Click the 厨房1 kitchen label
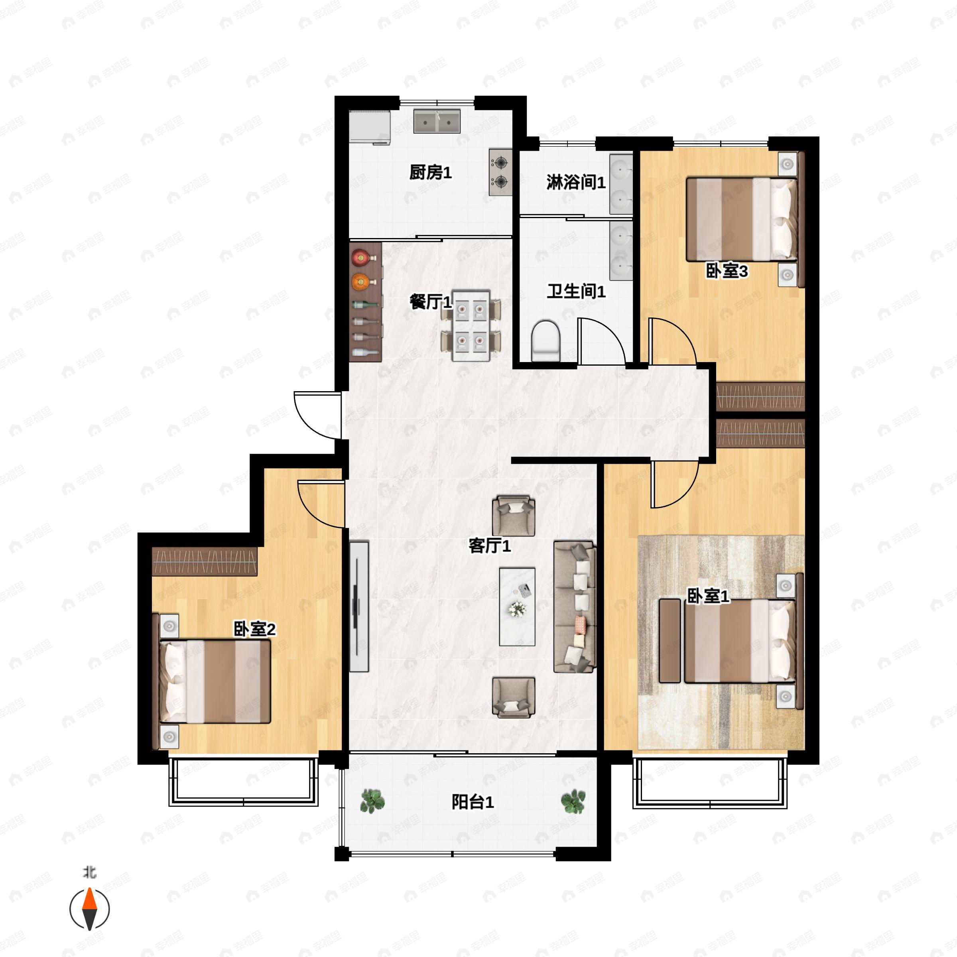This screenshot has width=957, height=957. (x=430, y=173)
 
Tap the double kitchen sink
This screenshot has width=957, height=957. (x=437, y=121)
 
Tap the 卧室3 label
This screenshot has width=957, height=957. (x=727, y=271)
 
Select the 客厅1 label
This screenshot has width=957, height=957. (x=489, y=546)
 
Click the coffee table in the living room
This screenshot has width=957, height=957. (x=517, y=607)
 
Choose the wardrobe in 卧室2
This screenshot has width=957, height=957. (x=205, y=561)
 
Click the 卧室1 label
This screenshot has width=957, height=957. (x=708, y=596)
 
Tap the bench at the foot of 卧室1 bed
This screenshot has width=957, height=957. (x=670, y=640)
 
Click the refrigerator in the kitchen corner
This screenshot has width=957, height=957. (x=370, y=127)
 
